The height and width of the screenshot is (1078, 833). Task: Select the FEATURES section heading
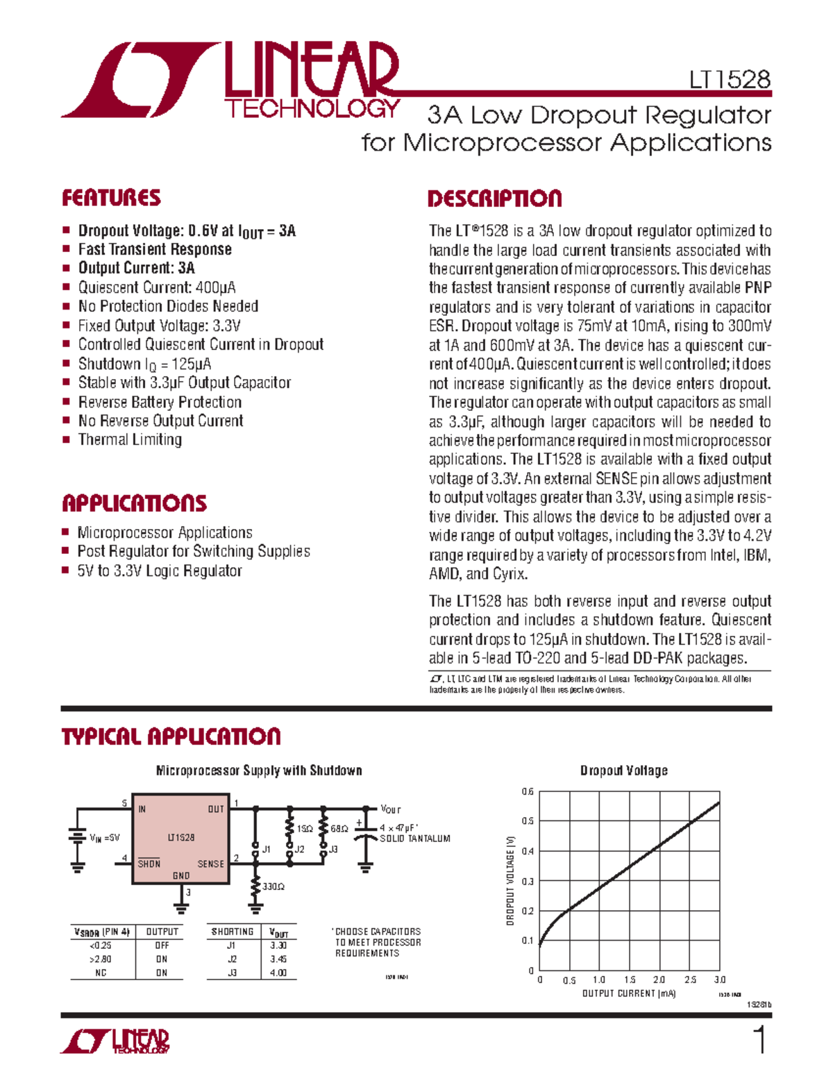111,199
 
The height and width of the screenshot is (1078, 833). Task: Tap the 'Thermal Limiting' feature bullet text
130,439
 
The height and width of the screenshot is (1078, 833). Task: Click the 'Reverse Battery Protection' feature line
160,402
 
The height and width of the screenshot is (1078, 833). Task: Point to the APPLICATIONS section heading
134,503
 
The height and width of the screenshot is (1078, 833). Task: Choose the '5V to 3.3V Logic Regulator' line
160,571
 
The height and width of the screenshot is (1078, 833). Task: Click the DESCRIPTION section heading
494,199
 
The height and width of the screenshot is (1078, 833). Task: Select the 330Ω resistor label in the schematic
274,886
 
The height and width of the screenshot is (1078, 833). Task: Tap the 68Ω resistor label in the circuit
339,829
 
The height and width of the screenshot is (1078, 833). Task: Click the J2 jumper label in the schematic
299,849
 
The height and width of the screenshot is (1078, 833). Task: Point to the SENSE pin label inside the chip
211,864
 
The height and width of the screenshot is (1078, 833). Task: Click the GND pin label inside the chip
181,876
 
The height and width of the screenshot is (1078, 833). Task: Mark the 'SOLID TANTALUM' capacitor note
415,839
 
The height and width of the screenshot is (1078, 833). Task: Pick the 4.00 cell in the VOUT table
278,972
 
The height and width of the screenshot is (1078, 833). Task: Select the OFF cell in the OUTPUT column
162,945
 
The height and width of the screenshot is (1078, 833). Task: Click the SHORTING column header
233,932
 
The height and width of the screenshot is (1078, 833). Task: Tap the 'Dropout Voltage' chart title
623,770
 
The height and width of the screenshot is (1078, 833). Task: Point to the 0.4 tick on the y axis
528,851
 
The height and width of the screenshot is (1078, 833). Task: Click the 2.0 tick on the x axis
659,980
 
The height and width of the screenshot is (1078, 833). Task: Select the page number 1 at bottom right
761,1041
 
